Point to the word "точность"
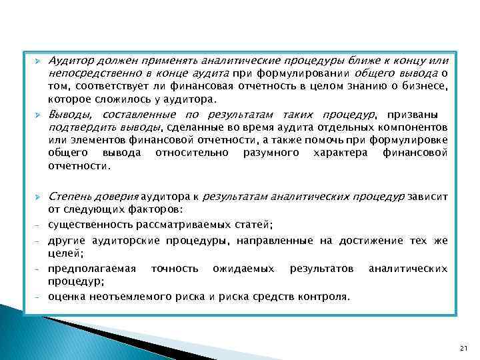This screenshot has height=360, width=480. click(175, 268)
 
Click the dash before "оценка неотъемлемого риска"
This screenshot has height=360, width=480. click(37, 297)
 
